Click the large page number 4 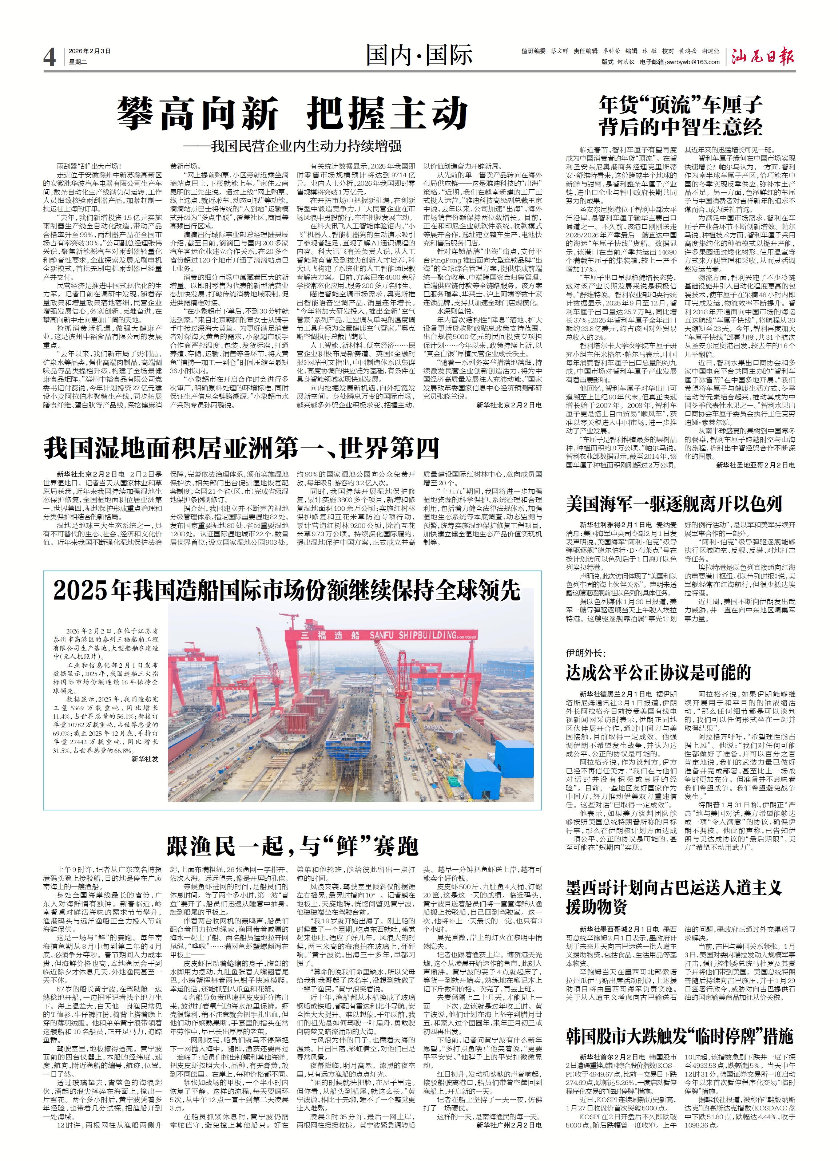click(49, 57)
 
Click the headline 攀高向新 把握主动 click(292, 113)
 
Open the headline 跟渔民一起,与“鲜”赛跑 click(292, 846)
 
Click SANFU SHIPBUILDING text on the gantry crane click(412, 635)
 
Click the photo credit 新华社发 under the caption click(145, 759)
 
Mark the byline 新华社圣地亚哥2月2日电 click(755, 465)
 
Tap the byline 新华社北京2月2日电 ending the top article click(509, 405)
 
